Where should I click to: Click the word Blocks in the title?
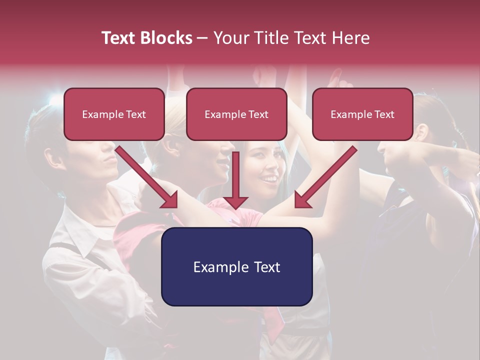tap(167, 38)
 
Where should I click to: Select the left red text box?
tap(114, 114)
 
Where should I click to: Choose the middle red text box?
tap(236, 114)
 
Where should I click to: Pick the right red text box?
tap(362, 114)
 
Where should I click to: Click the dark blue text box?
tap(236, 266)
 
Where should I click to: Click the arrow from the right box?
tap(325, 177)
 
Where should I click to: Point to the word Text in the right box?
tap(384, 114)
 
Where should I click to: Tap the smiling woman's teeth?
tap(270, 178)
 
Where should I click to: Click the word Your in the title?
tap(230, 38)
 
